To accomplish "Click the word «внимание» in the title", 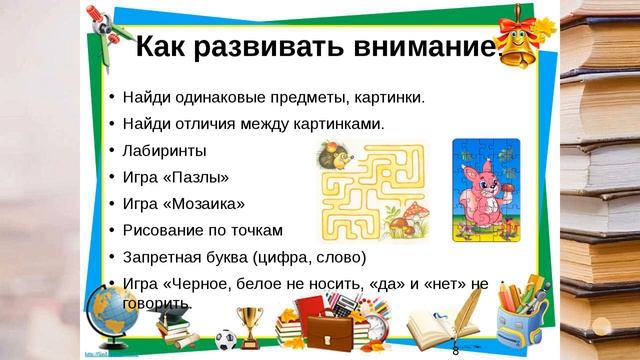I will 420,47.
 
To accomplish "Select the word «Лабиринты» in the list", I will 165,151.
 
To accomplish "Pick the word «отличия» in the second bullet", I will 225,124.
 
